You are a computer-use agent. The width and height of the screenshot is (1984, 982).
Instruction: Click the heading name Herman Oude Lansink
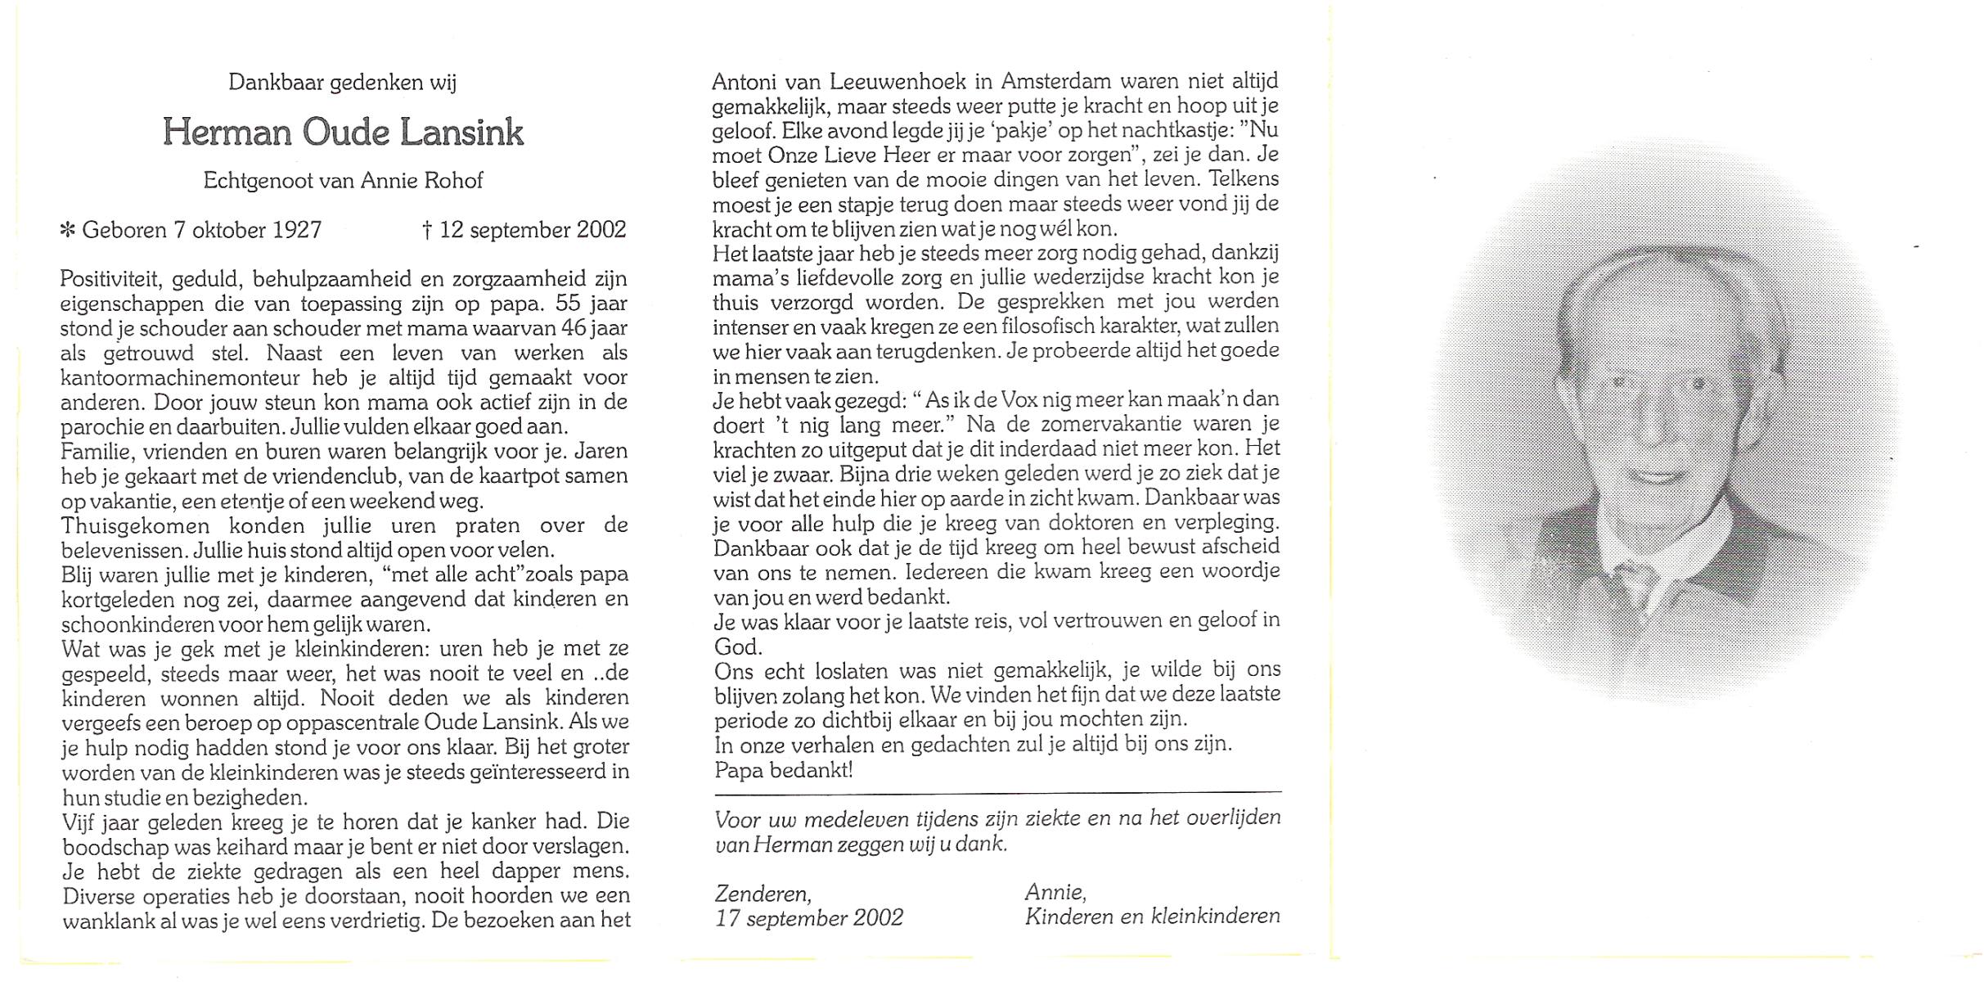click(x=343, y=133)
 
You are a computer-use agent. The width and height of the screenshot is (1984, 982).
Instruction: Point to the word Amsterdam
click(x=1056, y=82)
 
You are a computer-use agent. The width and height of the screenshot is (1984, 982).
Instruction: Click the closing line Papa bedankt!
click(x=783, y=770)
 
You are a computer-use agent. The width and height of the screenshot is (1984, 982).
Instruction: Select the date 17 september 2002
click(x=809, y=918)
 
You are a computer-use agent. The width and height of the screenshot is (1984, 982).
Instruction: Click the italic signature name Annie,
click(x=1055, y=893)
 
